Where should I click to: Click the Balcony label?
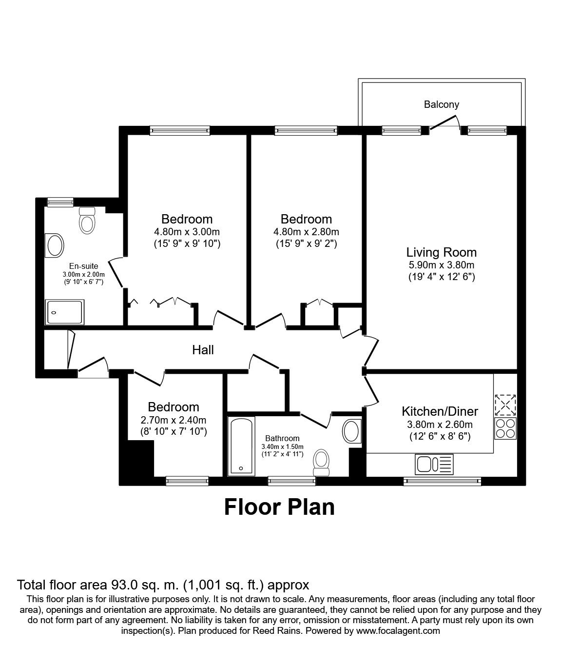pyautogui.click(x=442, y=104)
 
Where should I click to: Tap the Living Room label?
pyautogui.click(x=442, y=252)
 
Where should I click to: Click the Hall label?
pyautogui.click(x=203, y=350)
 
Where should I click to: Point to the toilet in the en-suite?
pyautogui.click(x=87, y=220)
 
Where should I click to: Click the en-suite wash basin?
pyautogui.click(x=55, y=245)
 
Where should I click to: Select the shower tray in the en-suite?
pyautogui.click(x=64, y=312)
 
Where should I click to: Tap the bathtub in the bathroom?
pyautogui.click(x=241, y=446)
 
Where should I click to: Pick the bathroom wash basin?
pyautogui.click(x=352, y=431)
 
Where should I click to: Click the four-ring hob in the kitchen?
pyautogui.click(x=505, y=428)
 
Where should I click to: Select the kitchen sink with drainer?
pyautogui.click(x=434, y=464)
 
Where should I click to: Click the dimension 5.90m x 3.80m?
pyautogui.click(x=442, y=265)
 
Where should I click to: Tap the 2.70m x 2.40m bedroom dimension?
pyautogui.click(x=173, y=420)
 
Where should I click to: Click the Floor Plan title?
pyautogui.click(x=279, y=507)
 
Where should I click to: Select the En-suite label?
pyautogui.click(x=84, y=266)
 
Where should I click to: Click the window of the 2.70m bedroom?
pyautogui.click(x=187, y=481)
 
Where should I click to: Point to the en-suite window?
pyautogui.click(x=60, y=202)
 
